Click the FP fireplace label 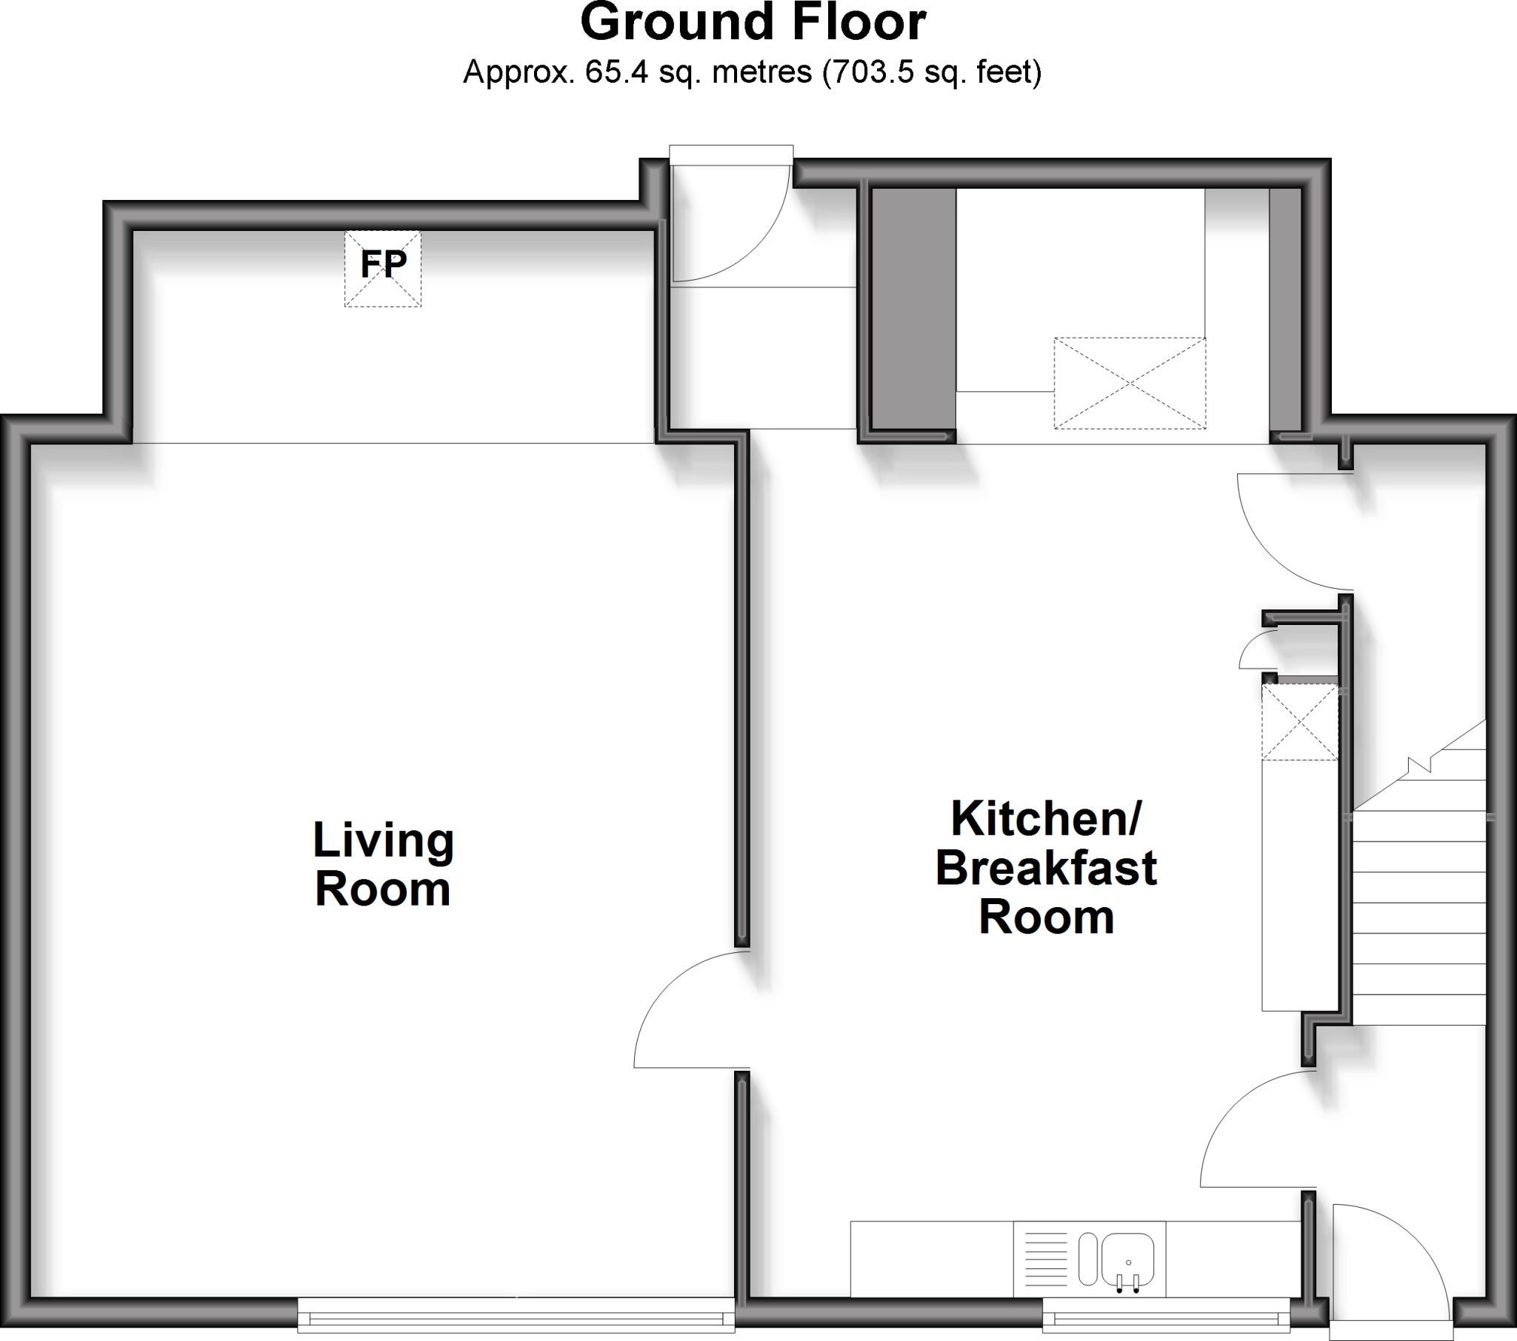tap(383, 264)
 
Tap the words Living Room tap(383, 864)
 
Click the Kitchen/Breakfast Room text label tap(1047, 868)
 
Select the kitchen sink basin tap(1127, 1259)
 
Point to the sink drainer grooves tap(1045, 1259)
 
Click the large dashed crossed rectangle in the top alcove tap(1130, 383)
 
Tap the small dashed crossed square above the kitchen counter tap(1299, 722)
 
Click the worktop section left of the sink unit tap(931, 1259)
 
